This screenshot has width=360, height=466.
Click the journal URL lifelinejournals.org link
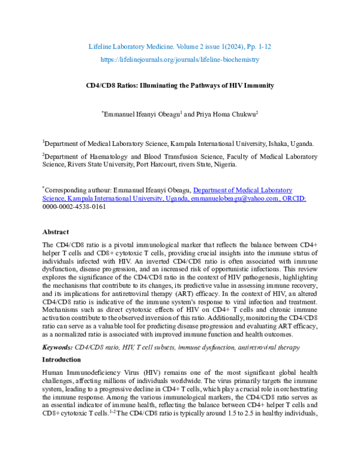(x=180, y=59)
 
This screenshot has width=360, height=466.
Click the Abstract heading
(x=55, y=231)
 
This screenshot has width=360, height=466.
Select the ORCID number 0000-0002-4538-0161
(x=74, y=206)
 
